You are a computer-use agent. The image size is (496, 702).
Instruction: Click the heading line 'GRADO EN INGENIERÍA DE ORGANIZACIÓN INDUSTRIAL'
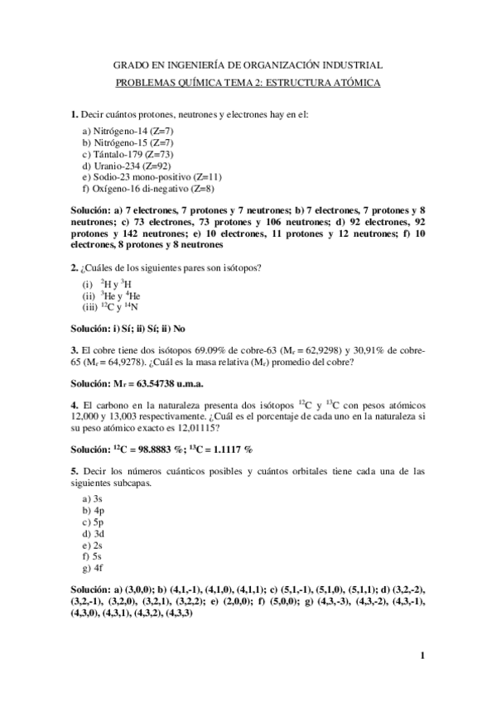tap(247, 64)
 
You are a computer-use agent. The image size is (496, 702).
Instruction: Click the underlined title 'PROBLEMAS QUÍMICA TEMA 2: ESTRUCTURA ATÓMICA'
tap(247, 84)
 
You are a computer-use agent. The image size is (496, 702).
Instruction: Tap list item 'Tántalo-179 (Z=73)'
tap(128, 154)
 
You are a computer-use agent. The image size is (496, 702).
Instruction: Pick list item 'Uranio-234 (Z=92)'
tap(126, 166)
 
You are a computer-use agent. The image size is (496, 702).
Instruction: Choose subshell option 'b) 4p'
tap(92, 511)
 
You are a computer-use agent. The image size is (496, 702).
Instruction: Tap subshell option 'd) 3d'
tap(92, 534)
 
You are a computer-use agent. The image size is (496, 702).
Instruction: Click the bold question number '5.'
tap(74, 470)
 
